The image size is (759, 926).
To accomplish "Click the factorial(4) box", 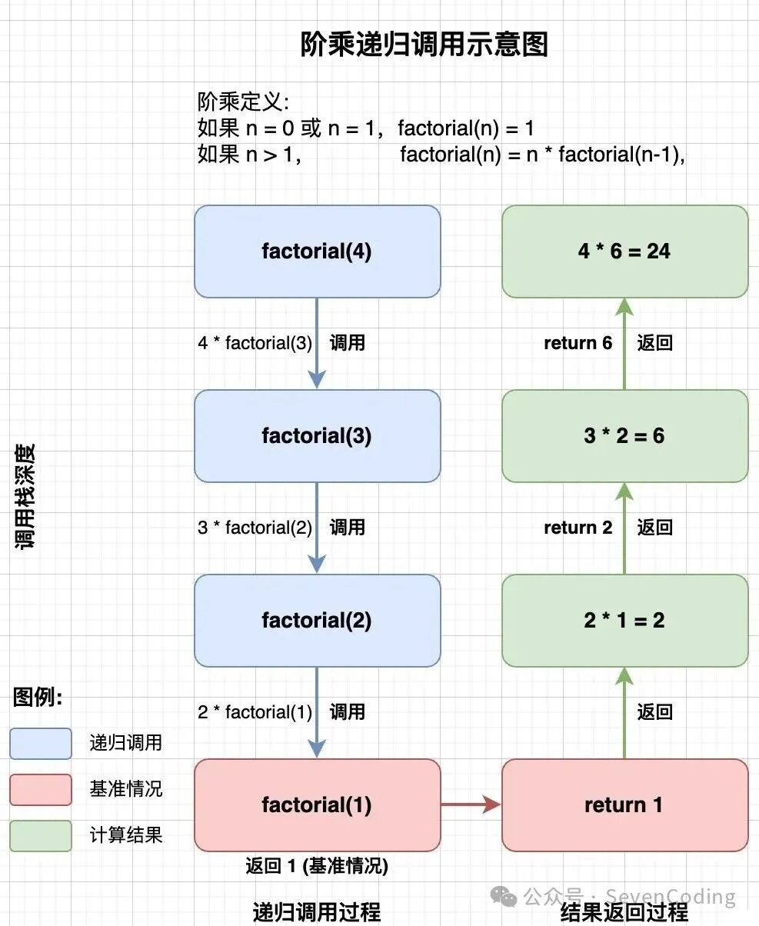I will [317, 251].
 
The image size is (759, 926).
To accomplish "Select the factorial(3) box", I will [317, 436].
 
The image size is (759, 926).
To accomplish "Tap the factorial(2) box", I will [317, 621].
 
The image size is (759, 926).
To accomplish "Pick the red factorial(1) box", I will [317, 805].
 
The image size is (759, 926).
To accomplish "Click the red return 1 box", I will [624, 805].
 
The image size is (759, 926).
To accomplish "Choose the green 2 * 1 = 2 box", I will [624, 621].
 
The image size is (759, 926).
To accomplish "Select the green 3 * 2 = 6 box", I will [624, 436].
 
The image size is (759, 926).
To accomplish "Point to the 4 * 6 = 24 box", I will [624, 251].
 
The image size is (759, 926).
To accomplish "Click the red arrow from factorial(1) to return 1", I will [471, 805].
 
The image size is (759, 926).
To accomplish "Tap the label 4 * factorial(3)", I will [255, 343].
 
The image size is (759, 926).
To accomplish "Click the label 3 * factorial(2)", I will [255, 528].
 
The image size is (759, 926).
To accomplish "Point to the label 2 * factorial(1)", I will [255, 712].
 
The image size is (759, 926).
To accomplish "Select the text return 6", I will [578, 343].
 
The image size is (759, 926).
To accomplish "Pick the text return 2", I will [578, 528].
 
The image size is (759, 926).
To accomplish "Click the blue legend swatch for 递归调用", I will [41, 744].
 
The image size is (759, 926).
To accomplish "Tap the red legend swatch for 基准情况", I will [41, 790].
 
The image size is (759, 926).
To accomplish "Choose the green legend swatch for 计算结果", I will [41, 836].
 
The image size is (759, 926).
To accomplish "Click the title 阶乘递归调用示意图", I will [424, 45].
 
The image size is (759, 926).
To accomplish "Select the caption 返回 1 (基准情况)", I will [317, 867].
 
